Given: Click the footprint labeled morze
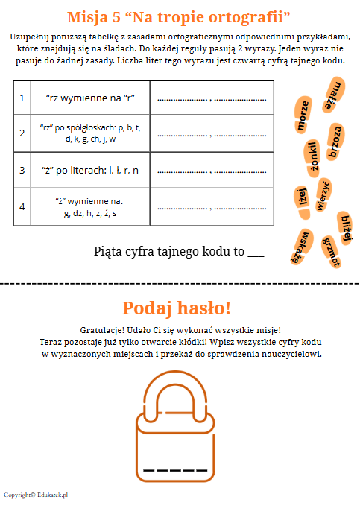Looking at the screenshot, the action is (x=303, y=115).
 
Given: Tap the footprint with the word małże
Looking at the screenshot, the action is (x=334, y=94).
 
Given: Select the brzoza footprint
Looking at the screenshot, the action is (x=335, y=142).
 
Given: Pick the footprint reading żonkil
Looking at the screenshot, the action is (x=313, y=158).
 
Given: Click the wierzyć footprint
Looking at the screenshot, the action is (x=323, y=194).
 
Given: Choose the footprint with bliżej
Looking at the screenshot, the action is (x=346, y=228).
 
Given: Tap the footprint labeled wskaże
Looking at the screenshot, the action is (x=301, y=247).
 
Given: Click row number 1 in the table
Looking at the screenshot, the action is (x=22, y=98).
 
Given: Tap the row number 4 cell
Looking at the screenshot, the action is (x=22, y=206).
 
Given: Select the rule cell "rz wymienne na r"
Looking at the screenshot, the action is (x=90, y=98).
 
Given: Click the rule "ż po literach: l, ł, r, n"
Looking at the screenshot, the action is (x=90, y=171).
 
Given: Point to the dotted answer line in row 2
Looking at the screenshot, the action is (x=212, y=136).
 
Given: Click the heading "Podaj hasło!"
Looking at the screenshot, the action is (x=177, y=308).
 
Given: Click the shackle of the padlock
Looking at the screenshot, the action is (x=175, y=396).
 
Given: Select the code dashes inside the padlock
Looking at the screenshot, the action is (x=175, y=470).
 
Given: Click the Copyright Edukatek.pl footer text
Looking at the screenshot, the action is (x=36, y=495).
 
